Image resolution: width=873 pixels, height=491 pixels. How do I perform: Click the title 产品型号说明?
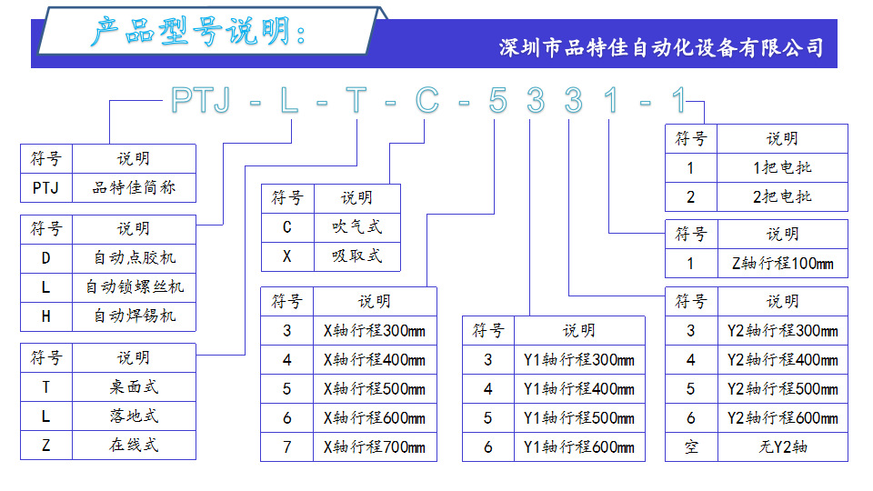tap(198, 33)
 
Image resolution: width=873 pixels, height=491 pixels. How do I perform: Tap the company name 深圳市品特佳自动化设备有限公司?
tap(661, 47)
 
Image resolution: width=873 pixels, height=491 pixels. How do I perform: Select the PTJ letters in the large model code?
tap(203, 101)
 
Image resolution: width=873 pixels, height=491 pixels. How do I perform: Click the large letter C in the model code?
tap(426, 101)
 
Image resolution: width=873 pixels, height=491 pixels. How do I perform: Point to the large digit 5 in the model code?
tap(497, 101)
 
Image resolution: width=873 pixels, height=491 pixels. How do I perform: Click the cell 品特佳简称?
tap(134, 188)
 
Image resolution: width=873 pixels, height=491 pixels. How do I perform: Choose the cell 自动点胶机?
tap(134, 257)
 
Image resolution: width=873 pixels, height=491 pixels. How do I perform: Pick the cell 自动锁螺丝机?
tap(134, 286)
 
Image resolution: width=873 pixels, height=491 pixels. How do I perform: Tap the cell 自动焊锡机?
tap(134, 316)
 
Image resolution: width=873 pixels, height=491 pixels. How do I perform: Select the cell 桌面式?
tap(134, 386)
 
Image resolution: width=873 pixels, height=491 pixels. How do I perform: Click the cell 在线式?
tap(134, 445)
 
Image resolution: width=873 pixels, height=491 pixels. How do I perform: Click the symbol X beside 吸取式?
tap(287, 256)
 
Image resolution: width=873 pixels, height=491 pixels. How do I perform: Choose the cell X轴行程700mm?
tap(374, 446)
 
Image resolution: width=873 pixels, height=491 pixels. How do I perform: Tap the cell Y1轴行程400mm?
tap(578, 388)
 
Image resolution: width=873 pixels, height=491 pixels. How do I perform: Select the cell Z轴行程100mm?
tap(782, 264)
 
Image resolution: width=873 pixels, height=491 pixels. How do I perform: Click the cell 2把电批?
tap(782, 196)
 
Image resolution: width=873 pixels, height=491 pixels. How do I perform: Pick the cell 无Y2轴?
tap(782, 446)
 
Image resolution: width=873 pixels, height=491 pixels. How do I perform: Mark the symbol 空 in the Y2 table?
tap(691, 446)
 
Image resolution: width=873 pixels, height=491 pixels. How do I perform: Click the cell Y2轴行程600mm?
tap(782, 417)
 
